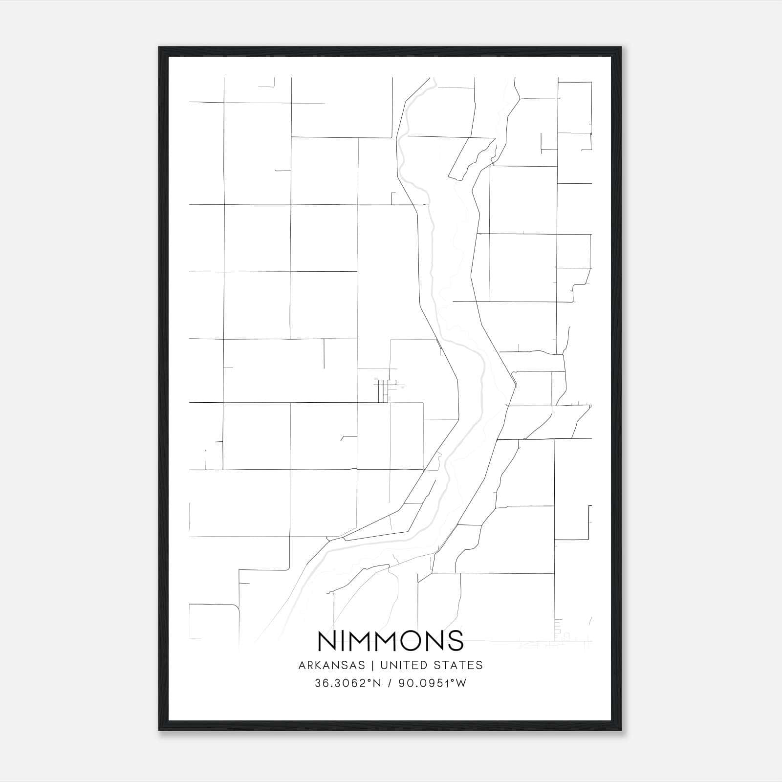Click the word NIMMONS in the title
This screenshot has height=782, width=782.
[x=391, y=641]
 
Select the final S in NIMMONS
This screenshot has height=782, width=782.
[x=456, y=641]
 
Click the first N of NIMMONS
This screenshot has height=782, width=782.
[x=326, y=641]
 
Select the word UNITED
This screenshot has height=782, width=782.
[x=401, y=665]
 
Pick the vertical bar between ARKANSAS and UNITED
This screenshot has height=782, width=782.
[x=372, y=665]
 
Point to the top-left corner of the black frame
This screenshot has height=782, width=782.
[x=159, y=47]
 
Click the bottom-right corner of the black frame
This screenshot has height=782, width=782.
[x=622, y=730]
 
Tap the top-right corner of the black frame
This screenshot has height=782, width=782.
[x=622, y=47]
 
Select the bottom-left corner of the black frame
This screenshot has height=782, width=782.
[x=159, y=730]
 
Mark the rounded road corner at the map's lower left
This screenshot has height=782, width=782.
[x=235, y=607]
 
